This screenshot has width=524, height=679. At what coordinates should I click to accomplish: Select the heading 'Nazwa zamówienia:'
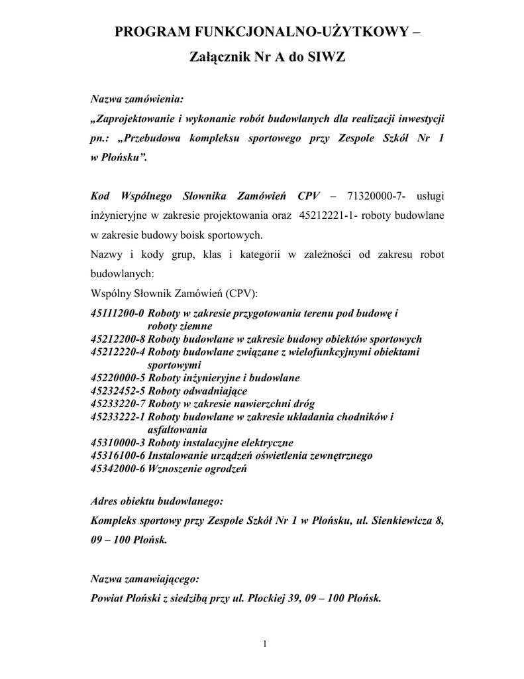pos(136,99)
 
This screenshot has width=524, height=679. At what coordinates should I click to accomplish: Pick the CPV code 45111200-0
pos(117,313)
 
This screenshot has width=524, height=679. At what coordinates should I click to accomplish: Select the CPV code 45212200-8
pos(117,339)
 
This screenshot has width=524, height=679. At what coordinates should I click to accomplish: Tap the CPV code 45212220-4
pos(117,351)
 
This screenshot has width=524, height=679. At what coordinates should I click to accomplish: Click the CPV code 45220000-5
pos(117,377)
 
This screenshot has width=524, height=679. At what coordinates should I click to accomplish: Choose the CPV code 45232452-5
pos(117,391)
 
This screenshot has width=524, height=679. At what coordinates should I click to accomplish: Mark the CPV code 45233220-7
pos(117,403)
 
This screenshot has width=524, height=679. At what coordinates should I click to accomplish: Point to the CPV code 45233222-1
pos(117,416)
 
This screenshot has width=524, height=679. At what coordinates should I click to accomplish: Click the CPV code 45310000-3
pos(117,442)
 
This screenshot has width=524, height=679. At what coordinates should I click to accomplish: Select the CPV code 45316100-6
pos(117,456)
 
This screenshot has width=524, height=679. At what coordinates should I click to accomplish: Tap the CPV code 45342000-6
pos(117,468)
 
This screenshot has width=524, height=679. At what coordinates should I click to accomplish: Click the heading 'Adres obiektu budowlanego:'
pos(156,501)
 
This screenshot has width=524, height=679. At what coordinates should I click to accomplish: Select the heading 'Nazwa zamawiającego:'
pos(144,579)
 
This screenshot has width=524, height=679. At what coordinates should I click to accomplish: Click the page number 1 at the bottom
pos(264,644)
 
